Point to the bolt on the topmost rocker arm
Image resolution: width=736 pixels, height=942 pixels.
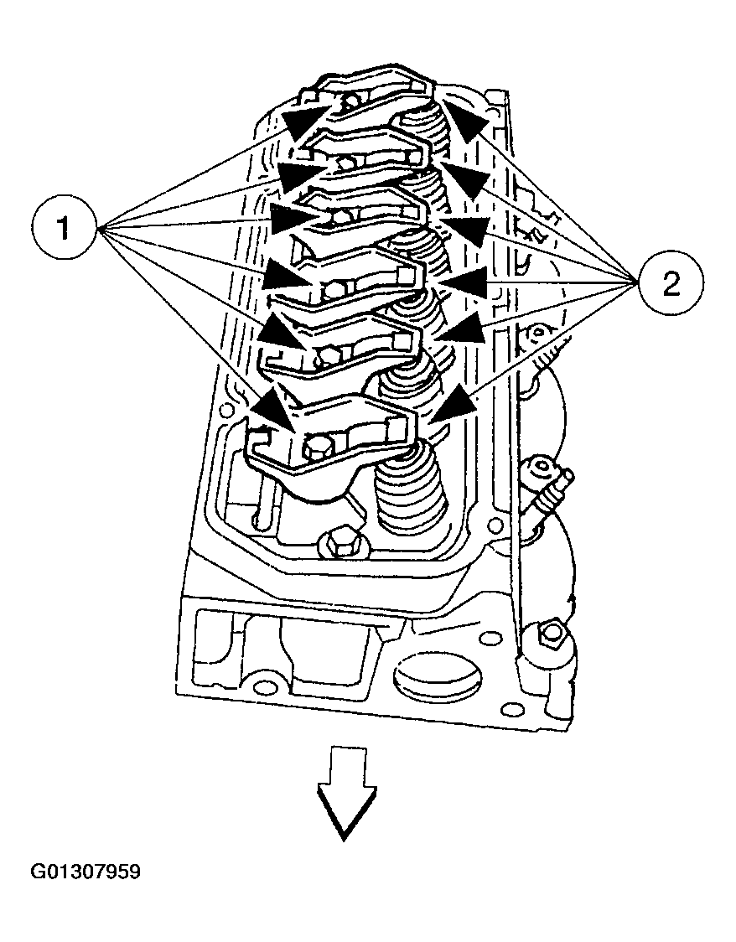tap(350, 101)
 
